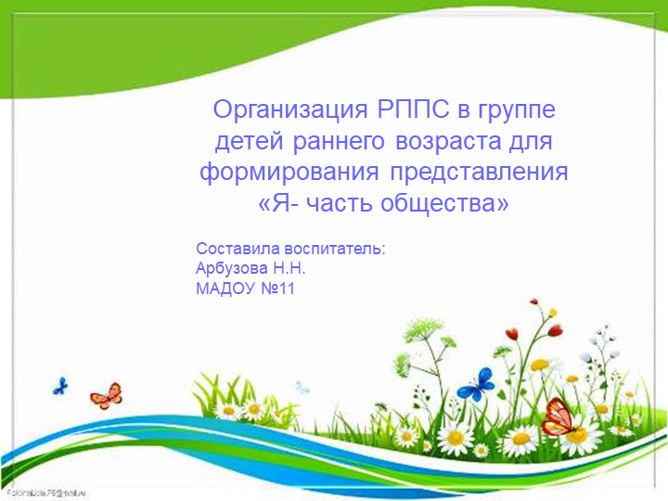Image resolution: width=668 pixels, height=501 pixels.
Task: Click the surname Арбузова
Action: [x=233, y=269]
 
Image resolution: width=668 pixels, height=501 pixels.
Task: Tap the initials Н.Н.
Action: [x=290, y=269]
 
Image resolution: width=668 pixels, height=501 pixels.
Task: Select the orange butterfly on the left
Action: [x=106, y=396]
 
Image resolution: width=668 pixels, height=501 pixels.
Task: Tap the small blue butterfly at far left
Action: [x=61, y=384]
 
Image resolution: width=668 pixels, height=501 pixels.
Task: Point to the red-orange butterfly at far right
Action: [x=558, y=417]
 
